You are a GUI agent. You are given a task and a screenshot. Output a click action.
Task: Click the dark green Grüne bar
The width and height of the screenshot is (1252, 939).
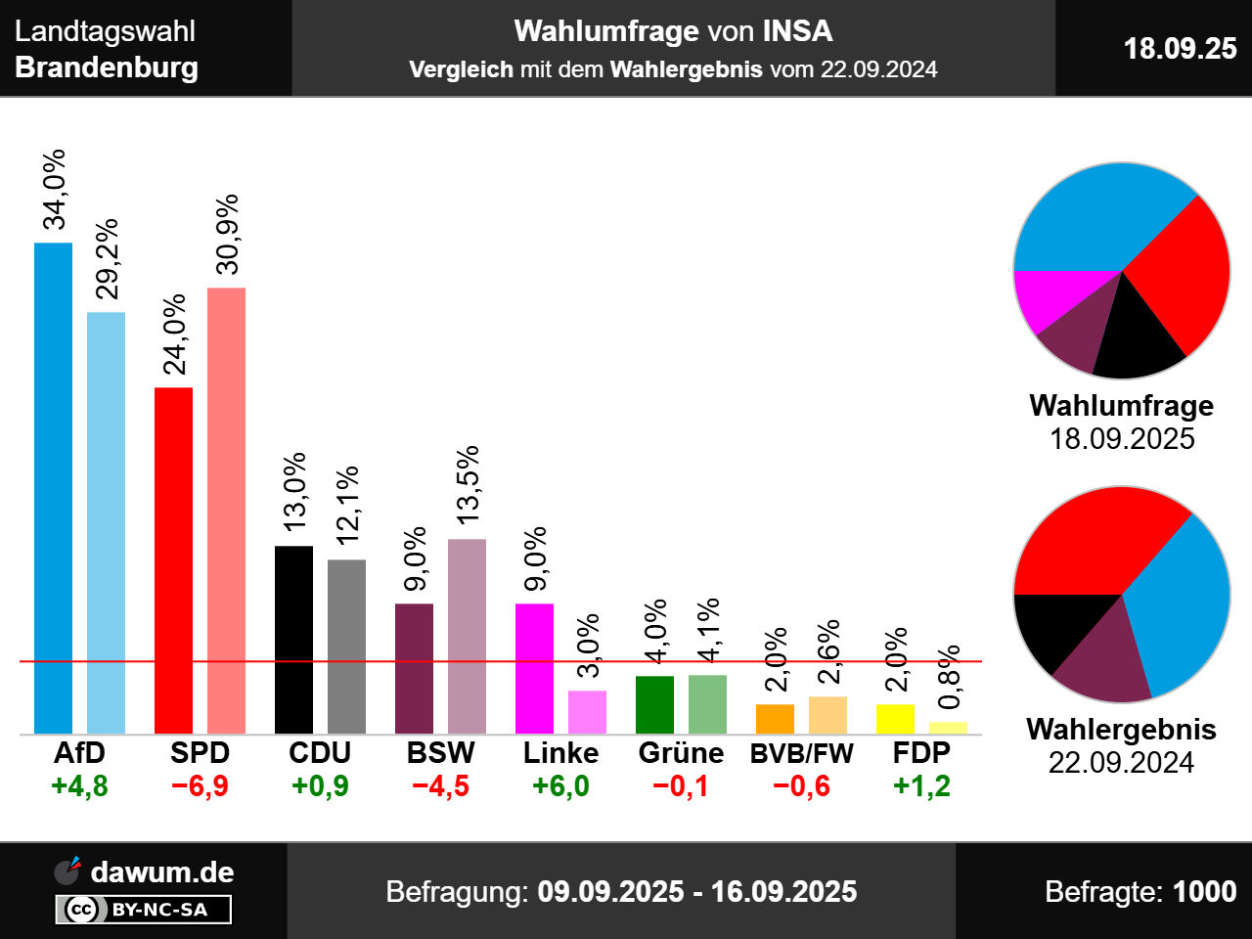(x=654, y=704)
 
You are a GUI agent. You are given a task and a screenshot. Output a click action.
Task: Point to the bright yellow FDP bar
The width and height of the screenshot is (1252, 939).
(x=895, y=719)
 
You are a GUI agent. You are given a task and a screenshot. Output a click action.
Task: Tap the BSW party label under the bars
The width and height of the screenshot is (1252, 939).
(x=441, y=753)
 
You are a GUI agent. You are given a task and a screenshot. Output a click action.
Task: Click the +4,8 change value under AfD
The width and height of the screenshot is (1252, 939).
(x=80, y=786)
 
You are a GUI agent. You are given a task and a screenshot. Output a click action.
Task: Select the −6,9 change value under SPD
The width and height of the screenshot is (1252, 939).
(x=201, y=786)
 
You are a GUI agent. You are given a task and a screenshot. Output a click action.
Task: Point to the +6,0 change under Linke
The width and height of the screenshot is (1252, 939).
(x=561, y=786)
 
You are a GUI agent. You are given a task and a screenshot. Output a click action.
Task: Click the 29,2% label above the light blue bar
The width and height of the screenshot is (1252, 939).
(x=107, y=258)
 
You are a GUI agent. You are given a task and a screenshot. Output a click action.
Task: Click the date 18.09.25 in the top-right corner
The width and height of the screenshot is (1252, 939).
(x=1180, y=48)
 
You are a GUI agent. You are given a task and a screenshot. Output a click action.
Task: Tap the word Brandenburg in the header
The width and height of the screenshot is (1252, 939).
(x=107, y=67)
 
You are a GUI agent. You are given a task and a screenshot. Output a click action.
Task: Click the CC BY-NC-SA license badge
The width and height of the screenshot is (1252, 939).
(x=143, y=910)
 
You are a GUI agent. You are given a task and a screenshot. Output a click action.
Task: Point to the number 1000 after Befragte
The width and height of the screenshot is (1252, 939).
(x=1204, y=891)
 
